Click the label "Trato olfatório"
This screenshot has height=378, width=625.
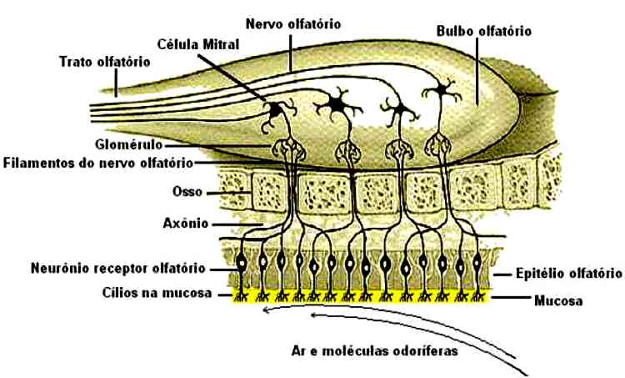104,61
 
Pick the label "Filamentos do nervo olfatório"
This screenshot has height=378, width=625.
98,161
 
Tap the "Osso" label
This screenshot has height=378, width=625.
187,192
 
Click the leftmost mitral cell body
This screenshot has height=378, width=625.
275,109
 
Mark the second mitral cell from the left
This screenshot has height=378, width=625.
337,104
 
